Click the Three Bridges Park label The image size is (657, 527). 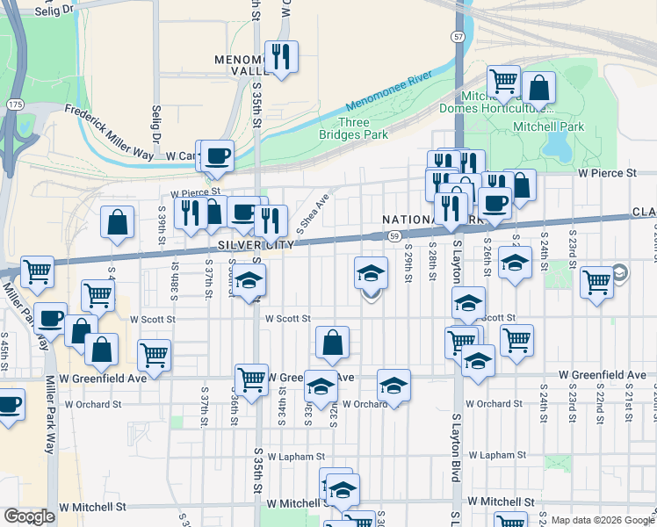[364, 128]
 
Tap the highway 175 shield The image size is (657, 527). [15, 105]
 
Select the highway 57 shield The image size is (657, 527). [458, 37]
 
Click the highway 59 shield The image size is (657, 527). [395, 236]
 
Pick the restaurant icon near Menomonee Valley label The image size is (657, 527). [281, 57]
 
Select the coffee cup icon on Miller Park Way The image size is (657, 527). [50, 317]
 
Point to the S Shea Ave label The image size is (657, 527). [313, 212]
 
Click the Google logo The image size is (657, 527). [29, 516]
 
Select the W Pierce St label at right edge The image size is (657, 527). [607, 174]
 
